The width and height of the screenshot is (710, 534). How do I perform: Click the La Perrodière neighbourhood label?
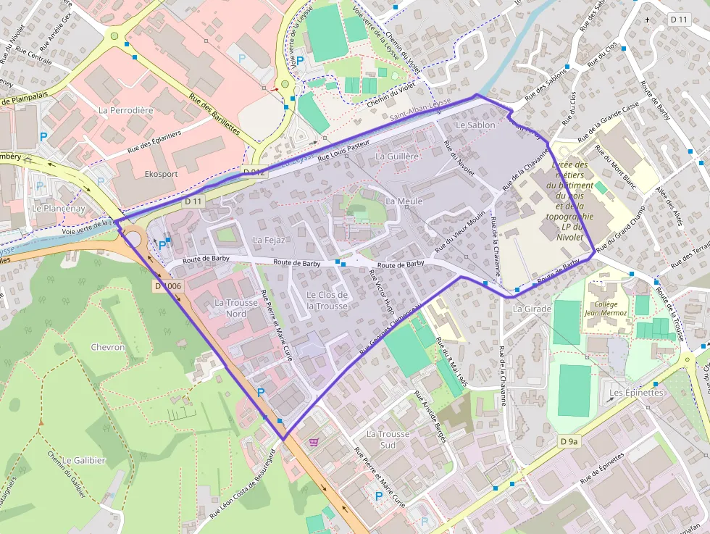tap(126, 110)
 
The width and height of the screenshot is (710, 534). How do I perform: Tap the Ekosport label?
tap(161, 174)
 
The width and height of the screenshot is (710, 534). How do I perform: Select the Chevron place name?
tap(108, 347)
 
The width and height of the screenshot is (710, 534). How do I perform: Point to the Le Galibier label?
tap(84, 460)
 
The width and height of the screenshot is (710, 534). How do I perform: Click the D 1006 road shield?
tap(168, 286)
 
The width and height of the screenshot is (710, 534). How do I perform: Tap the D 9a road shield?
tap(570, 441)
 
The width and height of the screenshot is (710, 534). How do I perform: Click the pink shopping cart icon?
tap(314, 441)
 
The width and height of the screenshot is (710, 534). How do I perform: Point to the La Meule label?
tap(404, 201)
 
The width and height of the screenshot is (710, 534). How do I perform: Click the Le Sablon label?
tap(475, 125)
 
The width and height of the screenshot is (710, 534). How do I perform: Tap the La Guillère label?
tap(397, 157)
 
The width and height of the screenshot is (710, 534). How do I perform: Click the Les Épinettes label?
tap(636, 393)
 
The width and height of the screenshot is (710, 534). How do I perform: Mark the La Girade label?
tap(532, 309)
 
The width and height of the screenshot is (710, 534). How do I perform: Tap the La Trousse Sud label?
tap(388, 439)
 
